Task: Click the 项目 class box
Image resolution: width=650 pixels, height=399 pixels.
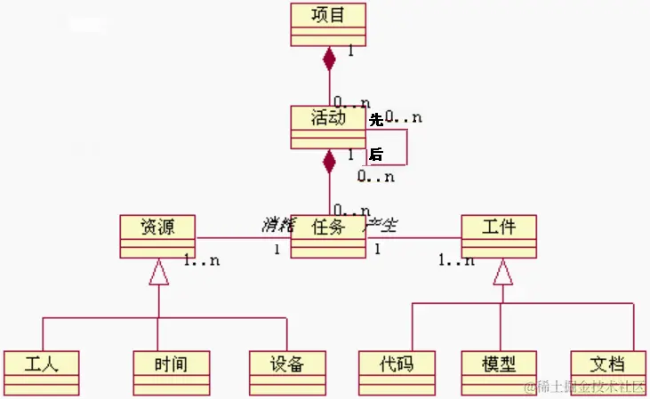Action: [328, 23]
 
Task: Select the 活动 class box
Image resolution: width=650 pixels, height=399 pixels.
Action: [328, 126]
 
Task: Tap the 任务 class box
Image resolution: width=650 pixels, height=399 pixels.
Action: [328, 235]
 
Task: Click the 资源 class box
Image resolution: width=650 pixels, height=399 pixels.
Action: [157, 235]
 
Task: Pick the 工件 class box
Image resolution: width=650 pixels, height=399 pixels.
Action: [499, 235]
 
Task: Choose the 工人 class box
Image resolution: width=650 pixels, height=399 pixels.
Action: [41, 372]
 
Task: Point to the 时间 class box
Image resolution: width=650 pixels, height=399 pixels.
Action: [171, 372]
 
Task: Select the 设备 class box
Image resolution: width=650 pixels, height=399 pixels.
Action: [288, 372]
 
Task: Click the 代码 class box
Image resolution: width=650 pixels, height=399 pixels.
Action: [397, 372]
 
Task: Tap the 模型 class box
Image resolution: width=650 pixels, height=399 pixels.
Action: [500, 372]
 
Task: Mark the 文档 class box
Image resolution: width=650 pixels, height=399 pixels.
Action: [607, 372]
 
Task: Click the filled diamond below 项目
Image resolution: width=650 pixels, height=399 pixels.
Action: [330, 59]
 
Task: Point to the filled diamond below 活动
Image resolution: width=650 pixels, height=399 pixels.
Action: [330, 161]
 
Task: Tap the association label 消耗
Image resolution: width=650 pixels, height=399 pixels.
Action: [277, 224]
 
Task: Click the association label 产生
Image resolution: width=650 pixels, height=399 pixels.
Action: [381, 224]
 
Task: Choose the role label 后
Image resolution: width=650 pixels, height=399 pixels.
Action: [376, 155]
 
